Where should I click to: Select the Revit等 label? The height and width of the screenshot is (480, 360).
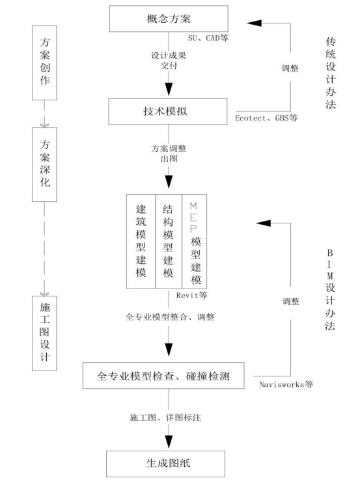192,294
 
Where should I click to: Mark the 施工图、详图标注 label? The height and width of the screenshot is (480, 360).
169,416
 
